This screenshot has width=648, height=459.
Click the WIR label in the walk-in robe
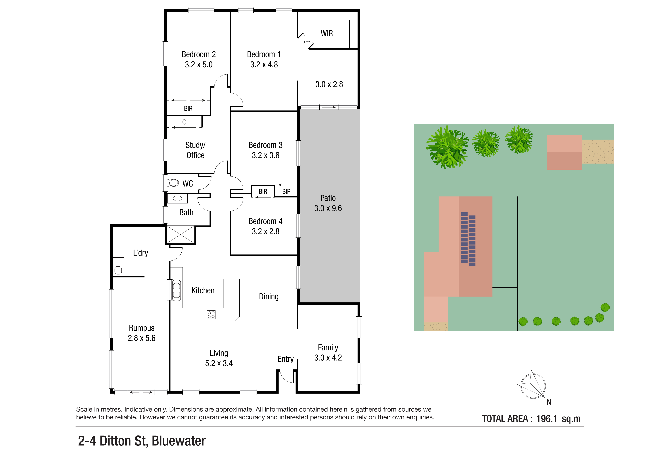(327, 33)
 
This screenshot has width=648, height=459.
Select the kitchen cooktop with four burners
(211, 315)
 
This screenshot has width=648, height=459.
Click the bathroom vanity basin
(178, 198)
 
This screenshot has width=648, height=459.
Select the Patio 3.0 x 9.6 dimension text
(328, 208)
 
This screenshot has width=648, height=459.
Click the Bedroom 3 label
(265, 145)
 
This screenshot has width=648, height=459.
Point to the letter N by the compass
(549, 402)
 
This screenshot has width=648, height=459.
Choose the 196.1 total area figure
(547, 419)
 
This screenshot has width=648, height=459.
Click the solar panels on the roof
(468, 239)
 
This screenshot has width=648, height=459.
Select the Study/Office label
(195, 150)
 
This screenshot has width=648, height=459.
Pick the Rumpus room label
(142, 328)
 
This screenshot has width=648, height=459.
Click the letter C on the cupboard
(184, 122)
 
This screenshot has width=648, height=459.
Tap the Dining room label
(269, 297)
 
